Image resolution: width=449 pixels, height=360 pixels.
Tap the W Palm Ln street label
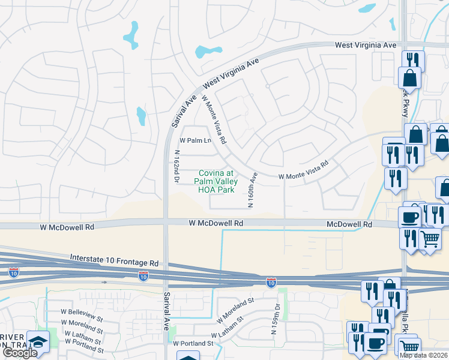pos(196,141)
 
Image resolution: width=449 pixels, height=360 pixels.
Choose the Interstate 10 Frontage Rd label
pos(114,259)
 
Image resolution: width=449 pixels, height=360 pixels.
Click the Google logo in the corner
pos(20,353)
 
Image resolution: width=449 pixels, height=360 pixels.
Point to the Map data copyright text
pos(423,355)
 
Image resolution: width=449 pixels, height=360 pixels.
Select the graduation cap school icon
pos(39,343)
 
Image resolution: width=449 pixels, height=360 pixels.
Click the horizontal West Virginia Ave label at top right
pos(366,45)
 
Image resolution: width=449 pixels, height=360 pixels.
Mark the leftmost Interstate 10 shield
pos(14,272)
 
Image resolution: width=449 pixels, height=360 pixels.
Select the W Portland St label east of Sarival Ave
pos(193,343)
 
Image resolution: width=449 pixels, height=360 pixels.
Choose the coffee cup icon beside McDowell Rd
pos(411,217)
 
